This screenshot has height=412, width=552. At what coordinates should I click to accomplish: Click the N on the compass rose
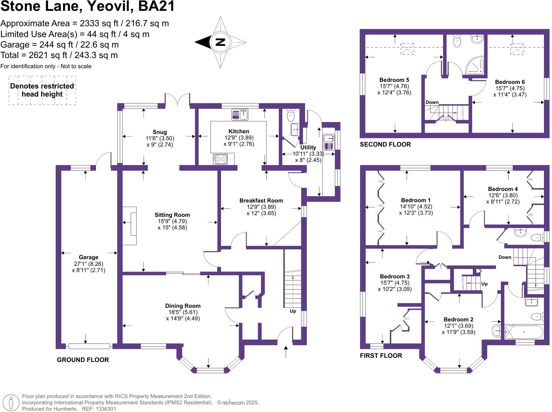tap(220, 42)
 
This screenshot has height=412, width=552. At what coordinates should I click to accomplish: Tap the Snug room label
tap(160, 132)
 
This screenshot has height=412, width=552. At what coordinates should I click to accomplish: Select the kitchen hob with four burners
tap(220, 159)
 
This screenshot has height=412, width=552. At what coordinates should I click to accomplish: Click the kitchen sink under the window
tap(240, 115)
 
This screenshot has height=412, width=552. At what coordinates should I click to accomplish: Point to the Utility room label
tap(308, 147)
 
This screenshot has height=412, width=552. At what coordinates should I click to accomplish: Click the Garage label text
tap(89, 257)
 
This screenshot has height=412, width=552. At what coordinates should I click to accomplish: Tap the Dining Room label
tap(183, 306)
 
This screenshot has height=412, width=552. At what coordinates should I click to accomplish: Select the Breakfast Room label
tap(261, 201)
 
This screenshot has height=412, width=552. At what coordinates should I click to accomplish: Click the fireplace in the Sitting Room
tap(130, 226)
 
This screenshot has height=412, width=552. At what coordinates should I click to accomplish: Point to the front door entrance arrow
tap(286, 351)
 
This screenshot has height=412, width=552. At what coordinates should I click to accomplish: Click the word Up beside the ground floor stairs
tap(293, 311)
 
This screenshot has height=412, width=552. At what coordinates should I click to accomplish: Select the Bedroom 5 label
tap(394, 80)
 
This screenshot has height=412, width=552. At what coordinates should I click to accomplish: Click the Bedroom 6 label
tap(510, 82)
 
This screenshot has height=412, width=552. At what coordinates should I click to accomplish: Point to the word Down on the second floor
tap(432, 102)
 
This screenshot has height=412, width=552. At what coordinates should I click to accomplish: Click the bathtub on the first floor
tap(524, 332)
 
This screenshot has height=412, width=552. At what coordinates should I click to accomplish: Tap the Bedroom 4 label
tap(503, 189)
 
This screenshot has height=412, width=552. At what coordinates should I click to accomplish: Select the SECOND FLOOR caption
tap(385, 144)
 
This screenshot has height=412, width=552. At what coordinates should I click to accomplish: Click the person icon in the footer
tap(11, 403)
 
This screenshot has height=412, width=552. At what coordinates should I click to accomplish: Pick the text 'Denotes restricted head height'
tap(42, 90)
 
